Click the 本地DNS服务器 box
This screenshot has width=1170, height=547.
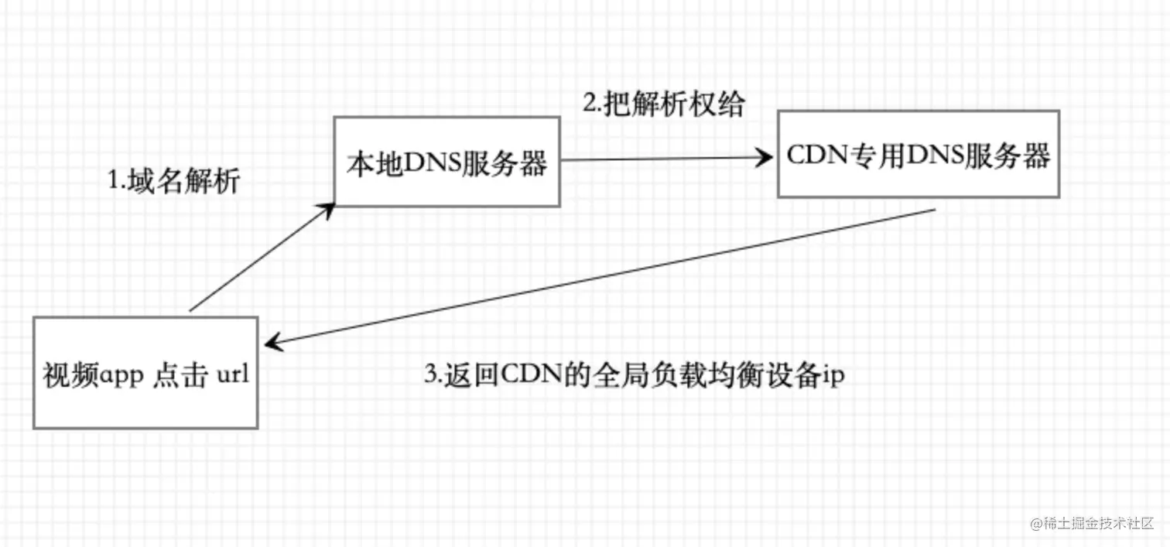pos(446,162)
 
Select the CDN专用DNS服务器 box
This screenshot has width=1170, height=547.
pos(919,155)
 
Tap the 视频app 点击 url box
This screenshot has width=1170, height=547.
pos(145,373)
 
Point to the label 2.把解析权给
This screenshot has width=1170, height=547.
pos(663,104)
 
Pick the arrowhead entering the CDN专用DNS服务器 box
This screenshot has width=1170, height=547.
pos(766,159)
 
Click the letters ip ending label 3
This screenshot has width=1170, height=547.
pos(833,377)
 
